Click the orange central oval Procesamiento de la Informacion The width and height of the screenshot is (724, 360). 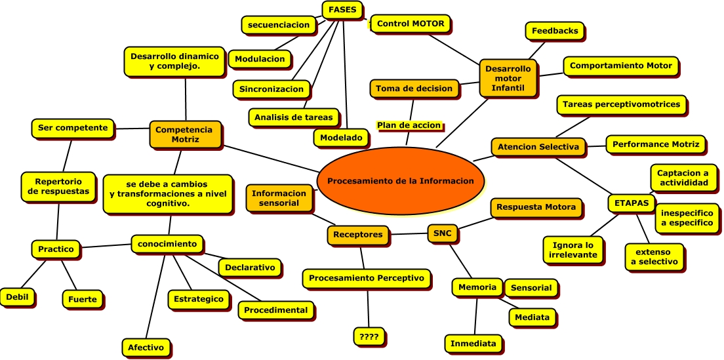click(400, 181)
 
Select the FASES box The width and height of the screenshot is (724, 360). click(342, 10)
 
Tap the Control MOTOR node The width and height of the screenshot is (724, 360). click(411, 24)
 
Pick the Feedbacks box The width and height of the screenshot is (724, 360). click(555, 31)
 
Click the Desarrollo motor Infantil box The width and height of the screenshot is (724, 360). click(508, 78)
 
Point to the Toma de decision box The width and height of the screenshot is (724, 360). click(414, 89)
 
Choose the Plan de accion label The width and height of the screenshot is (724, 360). click(409, 125)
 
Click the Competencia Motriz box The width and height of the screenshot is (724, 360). click(184, 134)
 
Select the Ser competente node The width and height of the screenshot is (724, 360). click(72, 128)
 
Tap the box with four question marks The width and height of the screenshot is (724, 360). click(369, 337)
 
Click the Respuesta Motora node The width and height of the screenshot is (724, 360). click(536, 207)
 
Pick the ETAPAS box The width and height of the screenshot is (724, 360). click(632, 203)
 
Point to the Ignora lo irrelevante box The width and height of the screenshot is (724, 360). click(572, 250)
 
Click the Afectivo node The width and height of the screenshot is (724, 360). click(146, 347)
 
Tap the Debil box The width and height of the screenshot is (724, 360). click(17, 296)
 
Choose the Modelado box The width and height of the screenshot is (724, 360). click(341, 138)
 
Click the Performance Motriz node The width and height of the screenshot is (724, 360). click(655, 144)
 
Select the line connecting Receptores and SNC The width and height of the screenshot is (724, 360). click(410, 233)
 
